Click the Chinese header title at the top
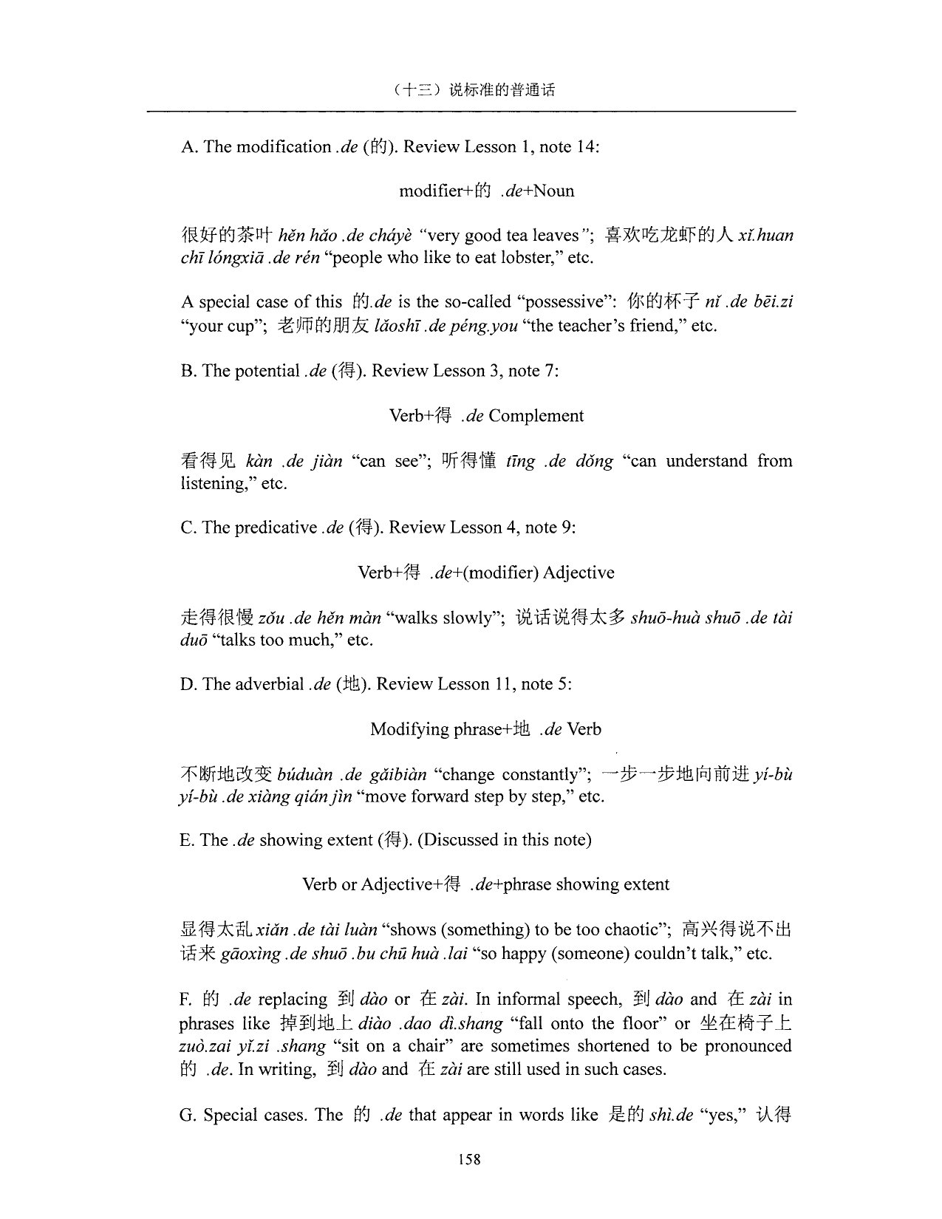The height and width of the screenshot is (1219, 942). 473,90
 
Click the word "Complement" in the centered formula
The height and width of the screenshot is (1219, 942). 536,416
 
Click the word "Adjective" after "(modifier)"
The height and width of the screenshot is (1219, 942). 578,573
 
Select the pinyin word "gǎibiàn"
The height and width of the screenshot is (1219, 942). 392,775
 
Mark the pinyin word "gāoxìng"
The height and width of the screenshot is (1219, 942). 250,954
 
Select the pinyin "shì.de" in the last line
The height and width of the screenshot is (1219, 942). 671,1116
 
